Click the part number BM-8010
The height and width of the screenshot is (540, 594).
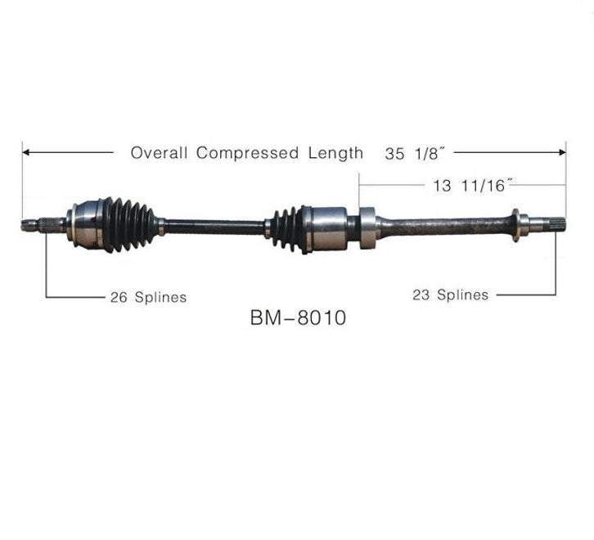(298, 317)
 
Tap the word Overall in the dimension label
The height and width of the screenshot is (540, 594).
(159, 153)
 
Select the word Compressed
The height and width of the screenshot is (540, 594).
(247, 153)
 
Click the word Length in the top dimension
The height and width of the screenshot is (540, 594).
(335, 153)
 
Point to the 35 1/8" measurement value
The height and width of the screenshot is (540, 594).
(414, 154)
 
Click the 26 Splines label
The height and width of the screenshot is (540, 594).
(149, 297)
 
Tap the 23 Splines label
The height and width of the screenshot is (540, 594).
(451, 295)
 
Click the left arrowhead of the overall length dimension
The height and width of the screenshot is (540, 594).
(26, 152)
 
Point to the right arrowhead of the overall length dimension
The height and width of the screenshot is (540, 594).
(562, 153)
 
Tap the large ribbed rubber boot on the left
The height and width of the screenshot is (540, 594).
(128, 224)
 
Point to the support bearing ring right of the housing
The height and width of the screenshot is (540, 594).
(367, 227)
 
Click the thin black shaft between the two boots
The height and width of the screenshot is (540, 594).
(214, 227)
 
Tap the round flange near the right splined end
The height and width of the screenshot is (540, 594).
(515, 225)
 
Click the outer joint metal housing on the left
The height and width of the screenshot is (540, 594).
(84, 226)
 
